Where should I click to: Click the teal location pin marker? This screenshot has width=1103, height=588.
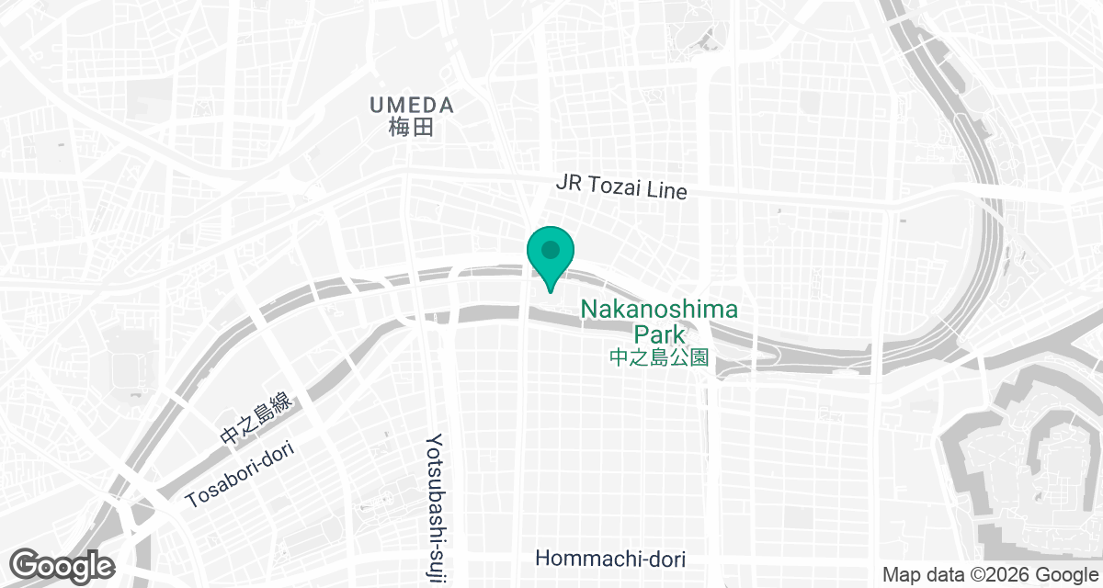(551, 257)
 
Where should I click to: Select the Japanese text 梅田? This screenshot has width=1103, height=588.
(410, 128)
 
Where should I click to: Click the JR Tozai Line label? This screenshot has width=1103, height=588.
(621, 187)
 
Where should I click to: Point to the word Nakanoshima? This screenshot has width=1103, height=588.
(659, 311)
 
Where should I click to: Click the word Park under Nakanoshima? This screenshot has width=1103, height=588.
(659, 334)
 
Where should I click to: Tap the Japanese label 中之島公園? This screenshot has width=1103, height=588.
(659, 357)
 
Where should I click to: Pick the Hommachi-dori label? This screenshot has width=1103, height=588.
(610, 559)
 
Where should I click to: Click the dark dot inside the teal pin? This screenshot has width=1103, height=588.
(551, 249)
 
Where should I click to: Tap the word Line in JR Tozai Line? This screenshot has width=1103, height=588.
(668, 191)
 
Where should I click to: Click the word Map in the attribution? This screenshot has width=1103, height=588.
(901, 575)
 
